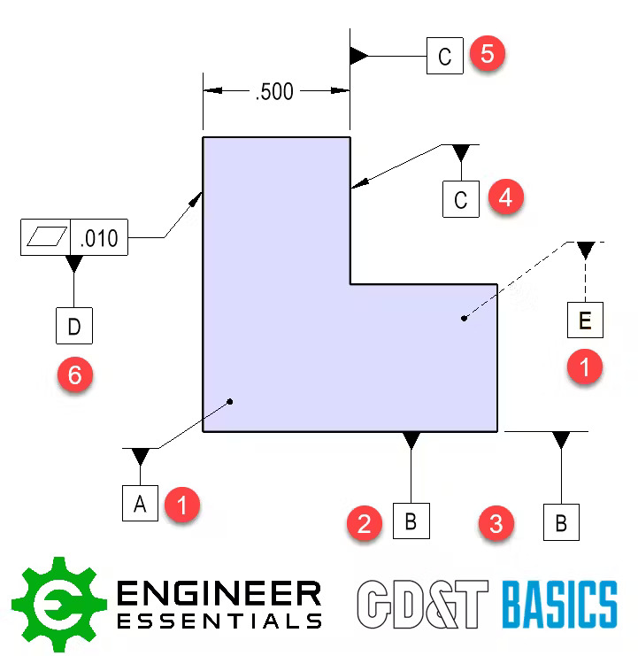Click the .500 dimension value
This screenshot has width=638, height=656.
point(273,91)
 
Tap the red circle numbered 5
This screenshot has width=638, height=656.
point(487,53)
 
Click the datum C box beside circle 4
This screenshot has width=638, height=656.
point(460,199)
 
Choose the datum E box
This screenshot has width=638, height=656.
point(585,320)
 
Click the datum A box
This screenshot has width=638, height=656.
point(140,504)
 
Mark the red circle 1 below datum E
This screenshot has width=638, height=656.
point(584,364)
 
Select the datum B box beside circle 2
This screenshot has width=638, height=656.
point(411,521)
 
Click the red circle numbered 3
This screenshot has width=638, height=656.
point(496,522)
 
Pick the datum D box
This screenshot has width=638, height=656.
point(73,326)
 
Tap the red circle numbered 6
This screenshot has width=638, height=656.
point(74,375)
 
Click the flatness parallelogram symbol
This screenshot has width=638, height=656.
point(46,238)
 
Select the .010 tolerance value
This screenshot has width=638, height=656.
point(98,238)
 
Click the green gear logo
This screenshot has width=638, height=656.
point(58,605)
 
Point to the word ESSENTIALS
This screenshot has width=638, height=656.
point(219,620)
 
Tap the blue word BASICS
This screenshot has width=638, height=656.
point(559,605)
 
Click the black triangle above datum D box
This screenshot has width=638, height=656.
point(74,264)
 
